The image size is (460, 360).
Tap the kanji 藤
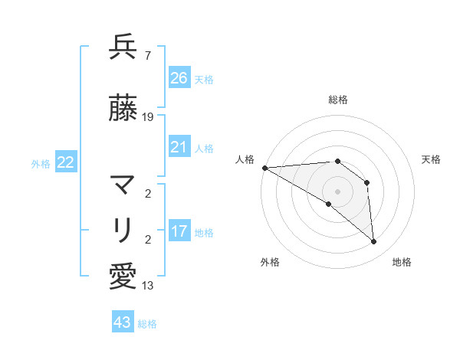tap(123, 109)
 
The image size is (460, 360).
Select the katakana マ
tap(123, 185)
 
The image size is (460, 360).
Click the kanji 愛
tap(123, 277)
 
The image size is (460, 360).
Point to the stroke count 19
tap(148, 117)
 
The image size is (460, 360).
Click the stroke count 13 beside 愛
tap(148, 286)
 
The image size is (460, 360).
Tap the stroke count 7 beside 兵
tap(147, 56)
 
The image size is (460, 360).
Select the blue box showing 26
tap(179, 77)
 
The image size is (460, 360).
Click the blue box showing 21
tap(179, 147)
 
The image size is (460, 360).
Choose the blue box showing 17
tap(179, 231)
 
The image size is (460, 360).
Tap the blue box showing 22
tap(66, 162)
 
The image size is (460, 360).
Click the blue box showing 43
tap(123, 322)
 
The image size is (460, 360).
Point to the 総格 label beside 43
tap(147, 324)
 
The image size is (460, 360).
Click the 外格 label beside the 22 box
tap(41, 163)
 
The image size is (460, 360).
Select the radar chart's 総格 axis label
tap(337, 100)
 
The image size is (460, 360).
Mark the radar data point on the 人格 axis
tap(264, 167)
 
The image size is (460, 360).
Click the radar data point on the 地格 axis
tap(373, 241)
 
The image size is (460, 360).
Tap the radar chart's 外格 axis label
tap(270, 262)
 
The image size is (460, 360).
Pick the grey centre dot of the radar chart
tap(337, 191)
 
